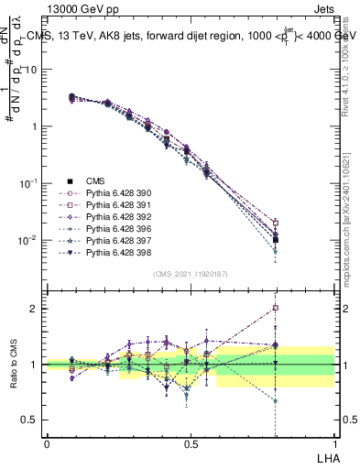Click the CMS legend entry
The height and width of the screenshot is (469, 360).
pyautogui.click(x=96, y=180)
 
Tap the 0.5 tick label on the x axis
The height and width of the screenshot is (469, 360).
pyautogui.click(x=190, y=443)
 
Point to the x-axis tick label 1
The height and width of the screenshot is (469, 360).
pyautogui.click(x=333, y=443)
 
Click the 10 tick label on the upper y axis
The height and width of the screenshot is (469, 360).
pyautogui.click(x=32, y=69)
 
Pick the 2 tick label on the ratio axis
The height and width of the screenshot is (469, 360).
pyautogui.click(x=35, y=309)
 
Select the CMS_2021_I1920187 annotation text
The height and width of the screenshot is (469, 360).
pyautogui.click(x=190, y=274)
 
